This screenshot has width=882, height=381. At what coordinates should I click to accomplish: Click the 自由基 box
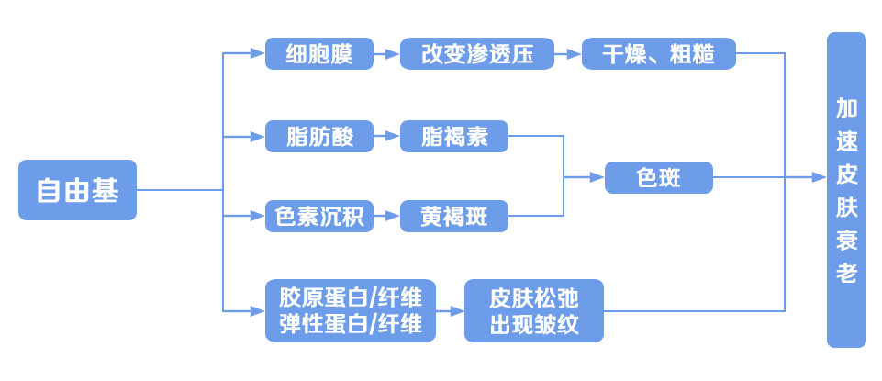tap(77, 190)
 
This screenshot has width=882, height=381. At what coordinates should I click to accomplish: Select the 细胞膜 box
tap(320, 53)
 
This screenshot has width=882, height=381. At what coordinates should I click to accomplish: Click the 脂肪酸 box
tap(320, 137)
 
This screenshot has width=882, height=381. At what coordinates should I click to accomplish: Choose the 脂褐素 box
tap(453, 137)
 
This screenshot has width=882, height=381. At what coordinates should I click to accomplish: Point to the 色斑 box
tap(658, 177)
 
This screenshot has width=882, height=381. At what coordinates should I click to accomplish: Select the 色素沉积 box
tap(320, 217)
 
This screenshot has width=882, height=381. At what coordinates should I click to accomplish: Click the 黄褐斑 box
tap(453, 217)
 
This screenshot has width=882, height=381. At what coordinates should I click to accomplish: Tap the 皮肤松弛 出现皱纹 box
tap(533, 310)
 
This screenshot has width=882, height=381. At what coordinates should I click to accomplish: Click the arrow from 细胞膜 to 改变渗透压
tap(388, 53)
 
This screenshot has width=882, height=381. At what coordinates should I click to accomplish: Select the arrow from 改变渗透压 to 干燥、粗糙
tap(569, 53)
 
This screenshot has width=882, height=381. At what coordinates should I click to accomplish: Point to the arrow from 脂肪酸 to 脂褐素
tap(388, 137)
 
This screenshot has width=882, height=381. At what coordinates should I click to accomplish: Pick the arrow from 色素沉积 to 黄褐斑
tap(388, 217)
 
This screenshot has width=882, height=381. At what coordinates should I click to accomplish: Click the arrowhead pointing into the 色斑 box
tap(597, 177)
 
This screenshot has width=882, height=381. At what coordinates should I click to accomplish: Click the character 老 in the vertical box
tap(846, 273)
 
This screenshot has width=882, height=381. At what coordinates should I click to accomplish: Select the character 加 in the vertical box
tap(846, 107)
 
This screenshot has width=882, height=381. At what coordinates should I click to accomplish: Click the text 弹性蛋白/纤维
tap(350, 323)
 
